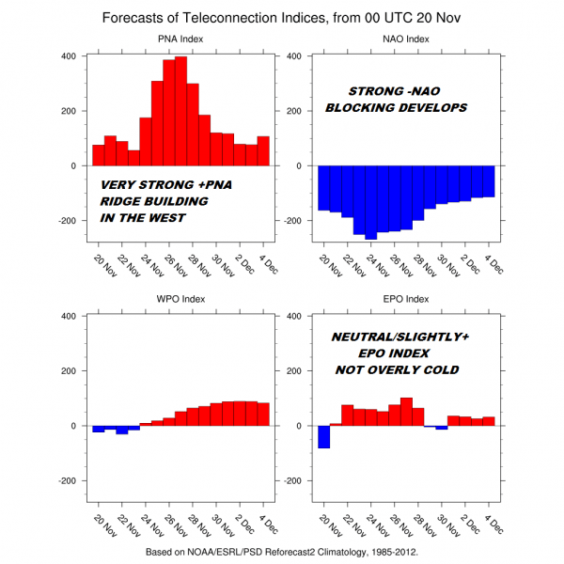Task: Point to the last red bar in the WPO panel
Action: (x=263, y=414)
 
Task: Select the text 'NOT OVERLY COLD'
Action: (x=397, y=369)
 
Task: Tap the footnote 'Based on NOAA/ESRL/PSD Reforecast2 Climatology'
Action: (x=282, y=553)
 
